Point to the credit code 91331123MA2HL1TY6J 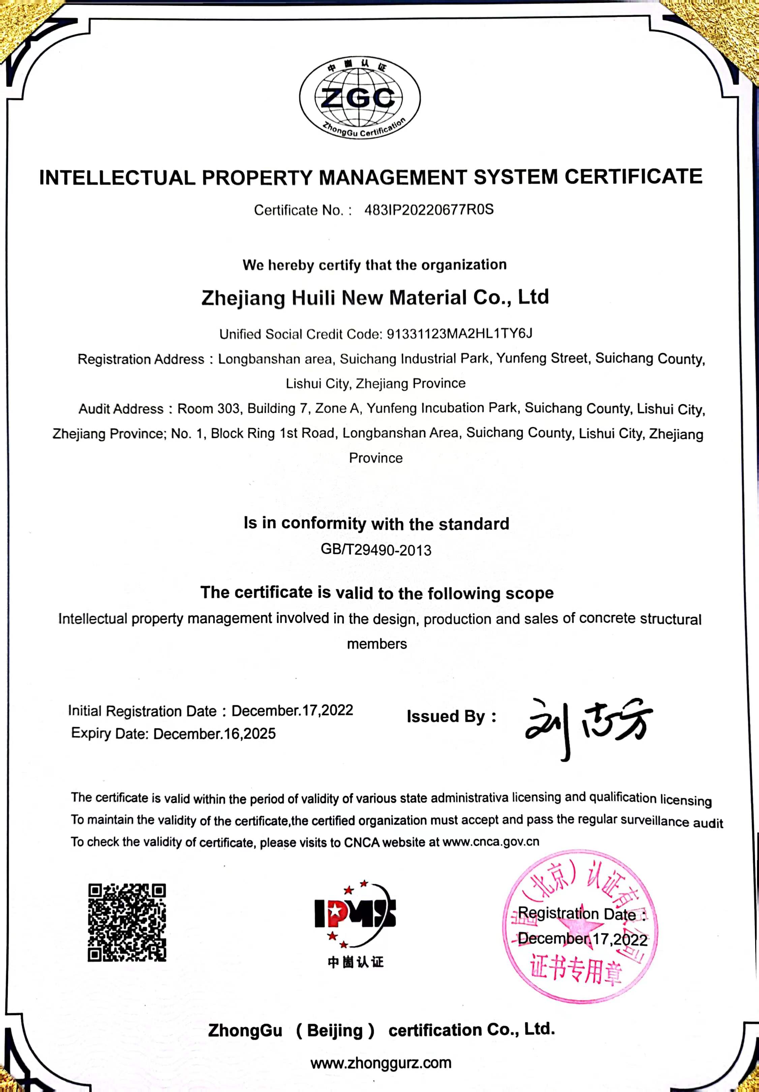pos(459,333)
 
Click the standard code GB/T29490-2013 pos(376,550)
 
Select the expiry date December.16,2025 pos(214,733)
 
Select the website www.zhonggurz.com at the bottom pos(381,1063)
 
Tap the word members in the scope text pos(377,644)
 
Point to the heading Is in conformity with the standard pos(376,524)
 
